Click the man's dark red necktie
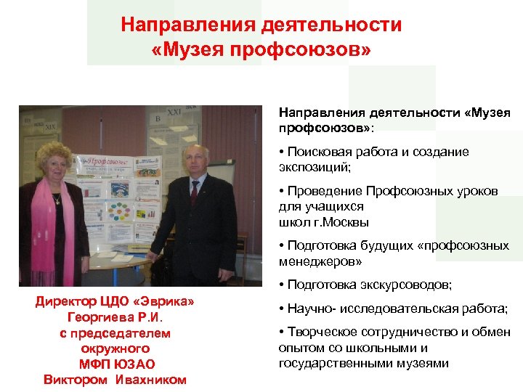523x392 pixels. [x=194, y=192]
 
